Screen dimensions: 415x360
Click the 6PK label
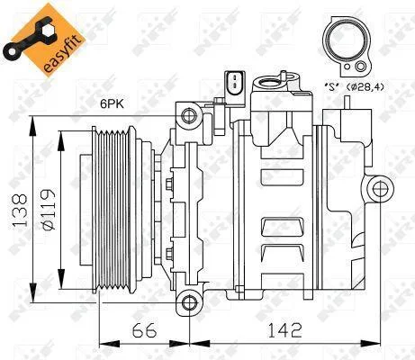[x=112, y=103]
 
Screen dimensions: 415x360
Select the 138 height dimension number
[x=19, y=210]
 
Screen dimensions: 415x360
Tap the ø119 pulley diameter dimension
[x=48, y=210]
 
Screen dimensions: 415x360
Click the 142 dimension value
[x=284, y=330]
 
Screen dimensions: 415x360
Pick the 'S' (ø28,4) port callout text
[x=354, y=87]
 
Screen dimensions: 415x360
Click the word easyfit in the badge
[x=62, y=55]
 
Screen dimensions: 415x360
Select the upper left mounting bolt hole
[x=189, y=115]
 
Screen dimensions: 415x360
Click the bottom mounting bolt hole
[x=189, y=302]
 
